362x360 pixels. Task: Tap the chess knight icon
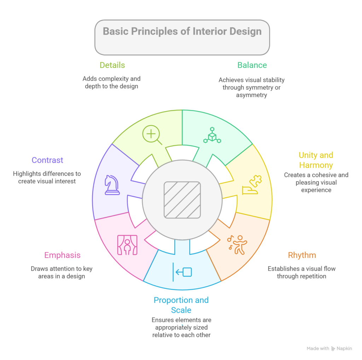click(112, 185)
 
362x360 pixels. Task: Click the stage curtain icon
click(127, 245)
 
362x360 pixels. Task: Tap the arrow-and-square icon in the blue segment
click(182, 272)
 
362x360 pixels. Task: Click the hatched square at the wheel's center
click(182, 200)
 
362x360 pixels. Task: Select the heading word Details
click(112, 65)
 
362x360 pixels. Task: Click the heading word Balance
click(252, 65)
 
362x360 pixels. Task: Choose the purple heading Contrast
click(47, 160)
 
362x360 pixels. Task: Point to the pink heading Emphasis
click(62, 255)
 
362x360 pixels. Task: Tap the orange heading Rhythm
click(302, 255)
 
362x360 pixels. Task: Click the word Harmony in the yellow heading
click(316, 165)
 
